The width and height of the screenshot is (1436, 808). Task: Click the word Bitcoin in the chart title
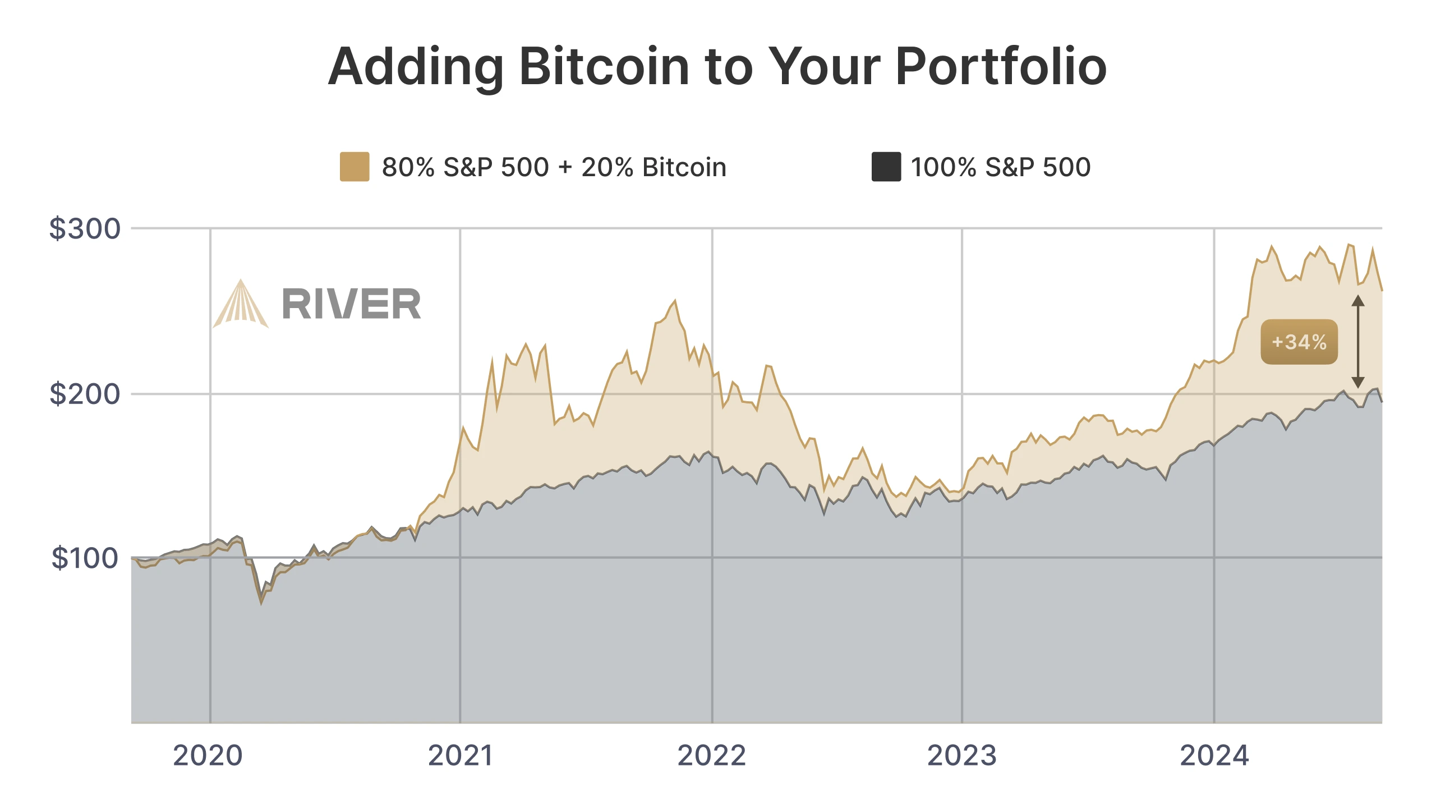pos(605,67)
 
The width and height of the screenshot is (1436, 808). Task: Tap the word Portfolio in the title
pos(1001,67)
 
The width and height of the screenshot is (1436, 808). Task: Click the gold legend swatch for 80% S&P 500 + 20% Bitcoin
pos(355,167)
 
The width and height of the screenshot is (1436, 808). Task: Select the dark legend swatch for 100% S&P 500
pos(886,167)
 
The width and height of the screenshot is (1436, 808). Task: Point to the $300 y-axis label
pos(85,229)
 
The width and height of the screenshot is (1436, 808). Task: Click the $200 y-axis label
pos(85,394)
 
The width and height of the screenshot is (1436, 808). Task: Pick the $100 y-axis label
pos(85,558)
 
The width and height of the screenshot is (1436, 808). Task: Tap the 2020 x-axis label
pos(208,755)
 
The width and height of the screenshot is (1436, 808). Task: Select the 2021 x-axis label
pos(460,755)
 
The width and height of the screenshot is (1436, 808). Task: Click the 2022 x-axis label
pos(712,755)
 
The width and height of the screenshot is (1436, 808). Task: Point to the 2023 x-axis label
pos(961,755)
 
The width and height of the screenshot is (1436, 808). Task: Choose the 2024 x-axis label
pos(1214,755)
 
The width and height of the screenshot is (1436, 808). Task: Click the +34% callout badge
pos(1299,342)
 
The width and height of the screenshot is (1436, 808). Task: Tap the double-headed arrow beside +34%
pos(1358,342)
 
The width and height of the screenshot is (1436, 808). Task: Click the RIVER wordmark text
pos(351,304)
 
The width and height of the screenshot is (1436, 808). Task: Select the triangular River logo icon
pos(241,305)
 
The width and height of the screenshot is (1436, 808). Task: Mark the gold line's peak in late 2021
pos(675,301)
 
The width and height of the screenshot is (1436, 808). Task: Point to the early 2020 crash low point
pos(261,603)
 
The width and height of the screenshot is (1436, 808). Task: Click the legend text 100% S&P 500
pos(1000,167)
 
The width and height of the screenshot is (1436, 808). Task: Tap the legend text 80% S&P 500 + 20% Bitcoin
pos(554,167)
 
